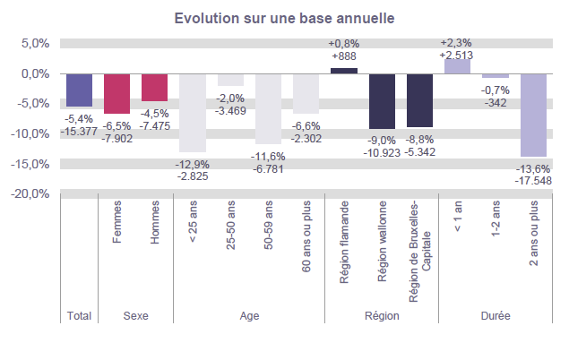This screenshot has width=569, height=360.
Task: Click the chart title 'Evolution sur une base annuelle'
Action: pos(284,18)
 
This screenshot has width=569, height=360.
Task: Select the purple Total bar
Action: pos(79,90)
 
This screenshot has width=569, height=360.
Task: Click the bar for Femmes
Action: pos(116,93)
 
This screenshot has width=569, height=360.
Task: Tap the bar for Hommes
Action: pos(154,87)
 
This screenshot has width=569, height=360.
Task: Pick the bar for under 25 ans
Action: pos(193,113)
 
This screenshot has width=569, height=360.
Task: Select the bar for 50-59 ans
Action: pos(268,108)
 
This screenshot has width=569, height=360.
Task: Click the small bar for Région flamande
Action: pos(344,71)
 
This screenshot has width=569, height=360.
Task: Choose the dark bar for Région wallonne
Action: pos(382,100)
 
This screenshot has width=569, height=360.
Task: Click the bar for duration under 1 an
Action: pos(457,66)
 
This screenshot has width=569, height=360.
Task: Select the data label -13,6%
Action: pos(533,168)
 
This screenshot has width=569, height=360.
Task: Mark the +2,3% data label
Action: pos(457,42)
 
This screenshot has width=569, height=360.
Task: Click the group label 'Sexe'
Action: pos(135,315)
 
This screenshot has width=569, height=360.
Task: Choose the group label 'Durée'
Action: pos(495,315)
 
